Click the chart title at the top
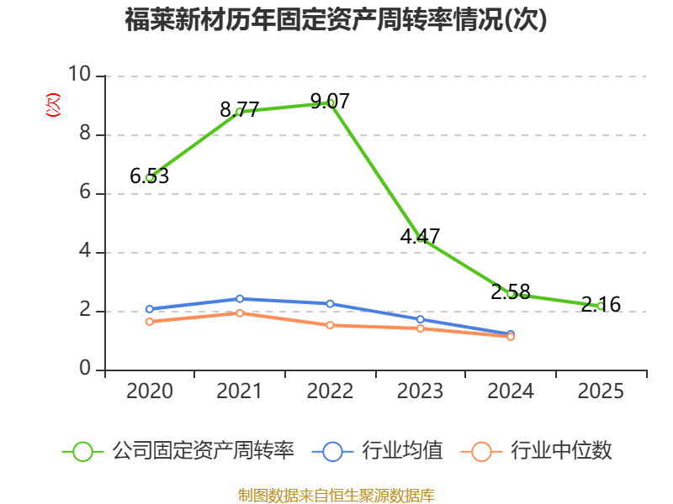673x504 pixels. [336, 19]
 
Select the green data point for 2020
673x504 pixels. [150, 178]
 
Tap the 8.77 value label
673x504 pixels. [240, 109]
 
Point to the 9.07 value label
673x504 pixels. [330, 101]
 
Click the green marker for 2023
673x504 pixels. [421, 239]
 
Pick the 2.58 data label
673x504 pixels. [511, 291]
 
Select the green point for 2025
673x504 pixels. [601, 306]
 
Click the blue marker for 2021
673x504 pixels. [240, 299]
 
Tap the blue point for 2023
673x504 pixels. [421, 319]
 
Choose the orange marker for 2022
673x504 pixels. [330, 325]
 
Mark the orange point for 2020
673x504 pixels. [150, 322]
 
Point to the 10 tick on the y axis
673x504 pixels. [79, 74]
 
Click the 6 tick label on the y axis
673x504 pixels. [85, 192]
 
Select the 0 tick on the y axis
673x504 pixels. [85, 368]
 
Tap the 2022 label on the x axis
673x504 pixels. [330, 391]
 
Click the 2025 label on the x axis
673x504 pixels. [601, 391]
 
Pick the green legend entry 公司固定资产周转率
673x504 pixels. [178, 451]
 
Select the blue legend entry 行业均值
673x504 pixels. [377, 451]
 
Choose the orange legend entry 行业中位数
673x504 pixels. [536, 451]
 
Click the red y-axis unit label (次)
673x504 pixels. [53, 105]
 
